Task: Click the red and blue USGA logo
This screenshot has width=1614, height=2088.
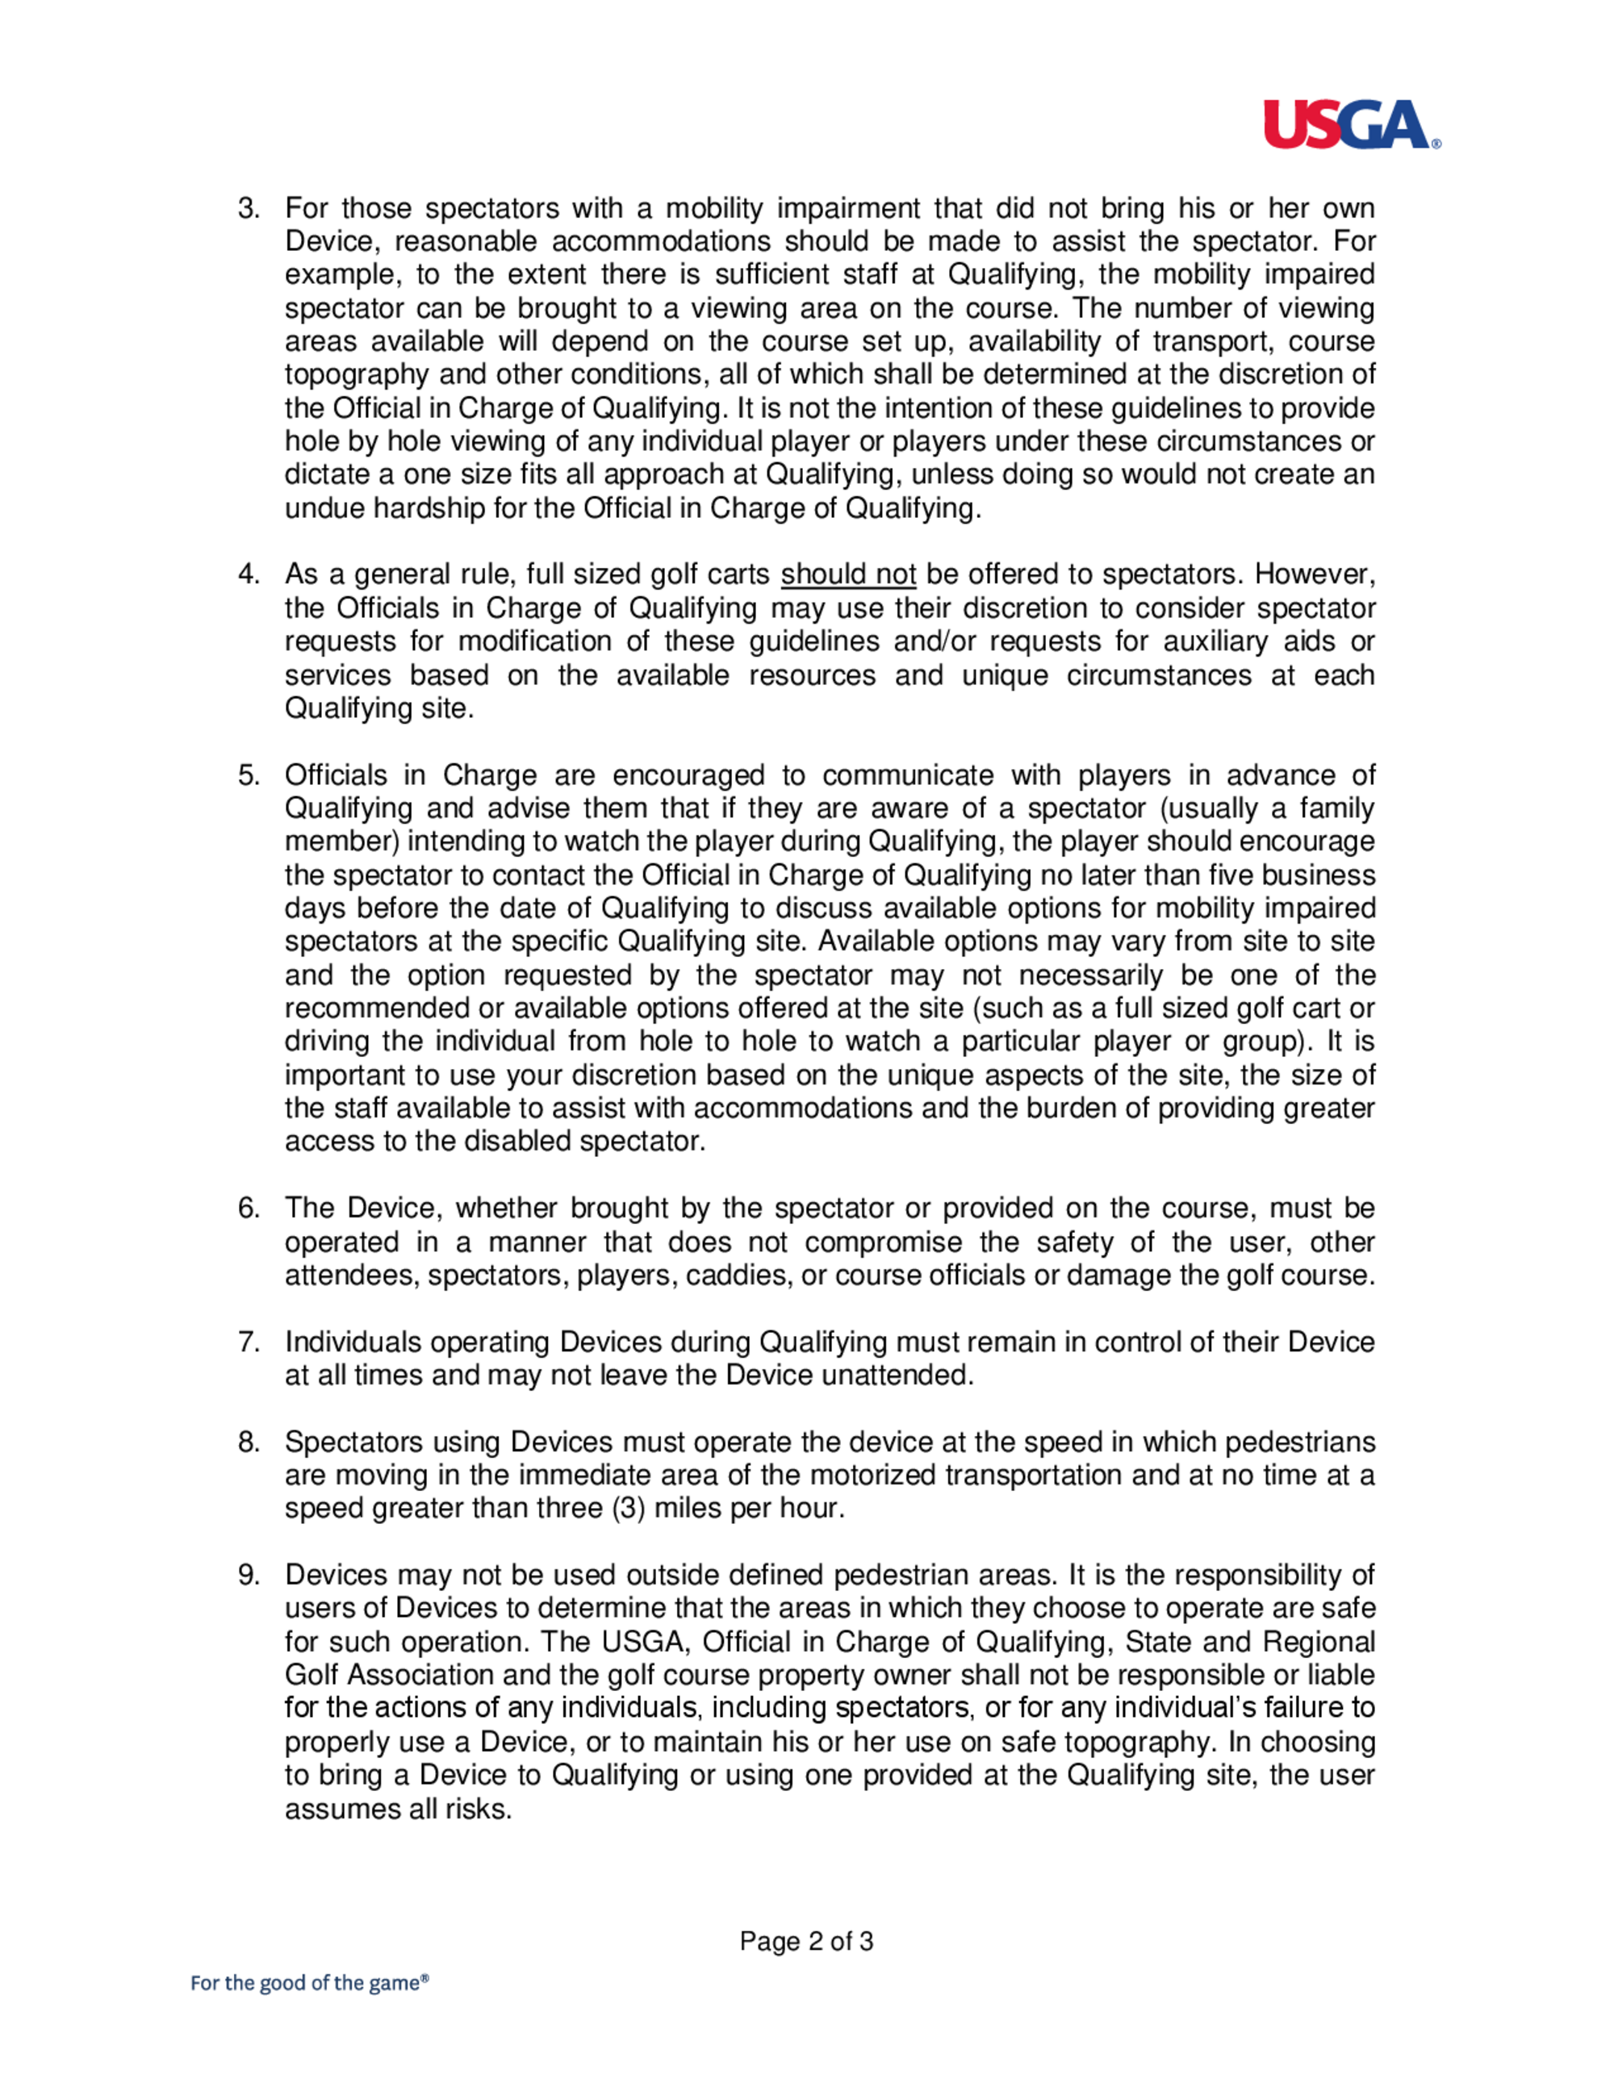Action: coord(1350,124)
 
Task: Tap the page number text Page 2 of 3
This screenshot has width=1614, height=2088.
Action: coord(806,1941)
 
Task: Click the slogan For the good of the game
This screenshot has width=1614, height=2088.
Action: coord(309,1983)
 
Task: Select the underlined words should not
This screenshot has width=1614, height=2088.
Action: coord(848,574)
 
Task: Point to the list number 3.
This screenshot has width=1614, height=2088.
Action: coord(249,208)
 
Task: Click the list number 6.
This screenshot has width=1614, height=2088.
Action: coord(249,1209)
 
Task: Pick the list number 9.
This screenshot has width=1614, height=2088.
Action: coord(249,1575)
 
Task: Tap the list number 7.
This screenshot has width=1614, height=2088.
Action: coord(249,1342)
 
